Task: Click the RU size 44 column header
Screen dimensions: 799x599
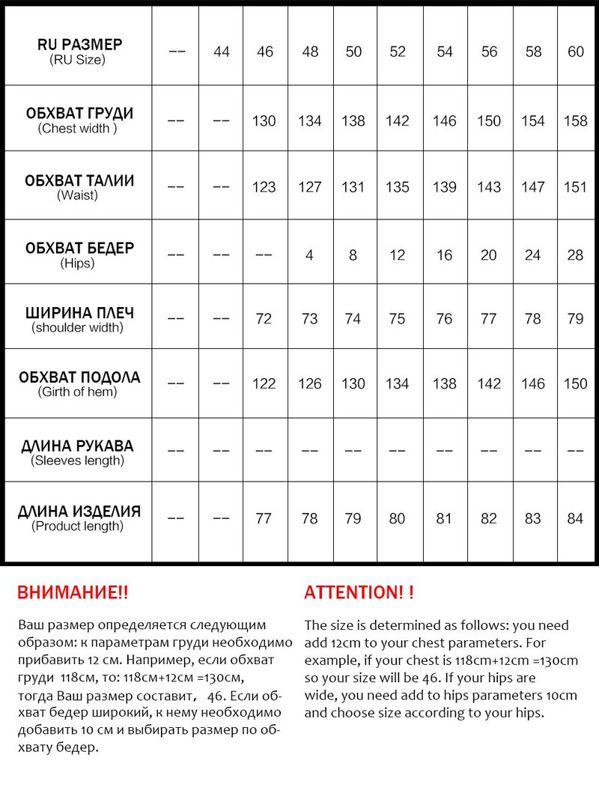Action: (222, 52)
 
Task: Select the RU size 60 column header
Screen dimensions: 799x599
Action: (576, 52)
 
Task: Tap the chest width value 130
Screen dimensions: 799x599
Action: (264, 121)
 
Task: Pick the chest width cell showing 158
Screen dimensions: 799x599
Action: (576, 121)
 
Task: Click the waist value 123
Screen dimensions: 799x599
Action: (264, 187)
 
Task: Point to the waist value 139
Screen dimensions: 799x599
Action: (445, 187)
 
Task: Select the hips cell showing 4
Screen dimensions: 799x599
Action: (309, 255)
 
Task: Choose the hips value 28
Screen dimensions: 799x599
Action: (576, 255)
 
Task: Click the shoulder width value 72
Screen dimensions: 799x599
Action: (264, 319)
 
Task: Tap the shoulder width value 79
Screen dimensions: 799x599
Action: (576, 319)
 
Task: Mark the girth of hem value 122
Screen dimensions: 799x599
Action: (264, 384)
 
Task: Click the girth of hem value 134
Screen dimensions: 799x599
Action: (398, 384)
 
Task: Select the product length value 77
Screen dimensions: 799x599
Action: (264, 518)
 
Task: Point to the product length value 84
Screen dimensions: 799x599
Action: (576, 518)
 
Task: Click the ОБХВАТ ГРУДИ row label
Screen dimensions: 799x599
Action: (79, 114)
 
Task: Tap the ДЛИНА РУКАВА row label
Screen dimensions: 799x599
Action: (78, 446)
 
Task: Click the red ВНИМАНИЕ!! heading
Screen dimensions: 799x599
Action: (73, 593)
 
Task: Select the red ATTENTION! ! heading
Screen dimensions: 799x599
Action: (359, 593)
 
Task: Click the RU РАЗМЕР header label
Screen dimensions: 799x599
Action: (79, 44)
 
